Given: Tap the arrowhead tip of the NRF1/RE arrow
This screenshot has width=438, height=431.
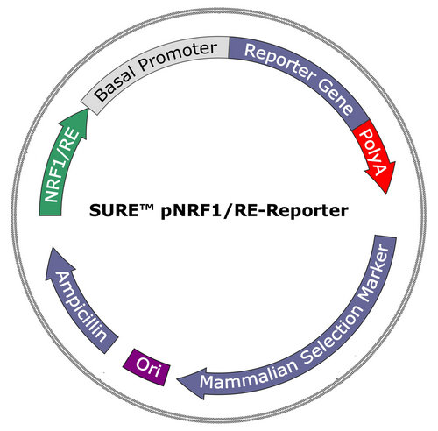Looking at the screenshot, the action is [x=88, y=109].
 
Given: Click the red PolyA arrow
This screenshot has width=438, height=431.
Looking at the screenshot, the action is [x=375, y=155].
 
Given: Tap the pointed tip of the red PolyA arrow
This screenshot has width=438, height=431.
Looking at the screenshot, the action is [x=386, y=194].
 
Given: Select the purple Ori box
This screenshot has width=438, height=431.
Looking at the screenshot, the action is [x=146, y=367].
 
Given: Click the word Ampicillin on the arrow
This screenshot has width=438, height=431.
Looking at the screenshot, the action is [x=81, y=307].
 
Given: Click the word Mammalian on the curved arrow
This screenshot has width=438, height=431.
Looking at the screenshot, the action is [x=249, y=375].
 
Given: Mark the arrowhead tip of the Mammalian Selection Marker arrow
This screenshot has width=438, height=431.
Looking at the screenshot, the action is [x=177, y=379].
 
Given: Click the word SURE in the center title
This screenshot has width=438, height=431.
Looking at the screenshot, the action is [x=113, y=210].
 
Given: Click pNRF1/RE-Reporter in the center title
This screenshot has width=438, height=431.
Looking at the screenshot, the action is [x=254, y=211].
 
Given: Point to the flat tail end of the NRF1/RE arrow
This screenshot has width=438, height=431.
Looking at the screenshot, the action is [x=50, y=215].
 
